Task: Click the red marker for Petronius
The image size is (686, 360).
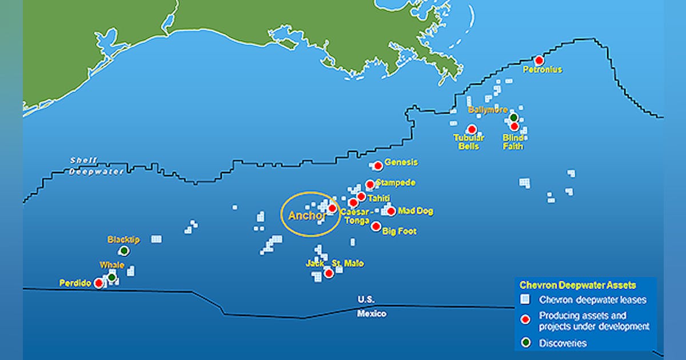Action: pos(539,60)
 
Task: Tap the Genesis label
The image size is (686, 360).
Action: pos(401,162)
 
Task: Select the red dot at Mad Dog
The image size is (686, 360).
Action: pos(391,211)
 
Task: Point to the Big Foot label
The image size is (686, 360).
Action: pos(399,231)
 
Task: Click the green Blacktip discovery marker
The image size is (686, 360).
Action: pos(124,251)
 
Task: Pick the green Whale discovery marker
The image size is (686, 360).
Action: pos(112,277)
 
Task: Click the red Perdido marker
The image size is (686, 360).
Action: pos(99,283)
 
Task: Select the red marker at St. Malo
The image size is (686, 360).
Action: pos(329,273)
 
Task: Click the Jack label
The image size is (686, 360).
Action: pos(314,263)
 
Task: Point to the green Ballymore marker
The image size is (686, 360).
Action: pos(513,118)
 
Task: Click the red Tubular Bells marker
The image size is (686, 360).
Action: pos(472,129)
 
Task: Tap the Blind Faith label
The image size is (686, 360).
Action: pos(513,142)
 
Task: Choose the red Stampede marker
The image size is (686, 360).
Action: pos(370,184)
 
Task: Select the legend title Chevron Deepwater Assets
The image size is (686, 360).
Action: pos(577,285)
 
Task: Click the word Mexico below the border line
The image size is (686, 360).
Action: pos(372,314)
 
